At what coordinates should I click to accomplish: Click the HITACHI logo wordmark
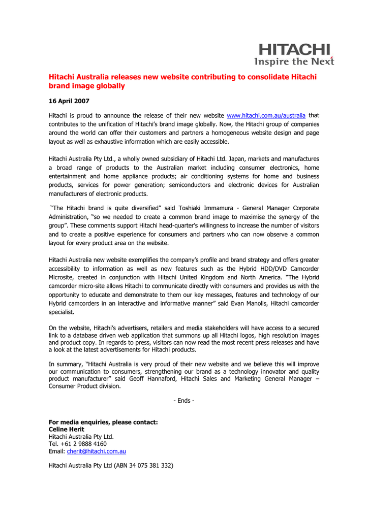(x=295, y=50)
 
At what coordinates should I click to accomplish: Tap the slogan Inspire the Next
(x=294, y=61)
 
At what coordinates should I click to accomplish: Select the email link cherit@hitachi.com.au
(x=96, y=451)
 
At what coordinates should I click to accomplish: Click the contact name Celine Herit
(x=66, y=429)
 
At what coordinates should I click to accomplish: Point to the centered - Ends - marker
(x=183, y=400)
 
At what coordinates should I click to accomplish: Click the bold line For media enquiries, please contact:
(x=103, y=422)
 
